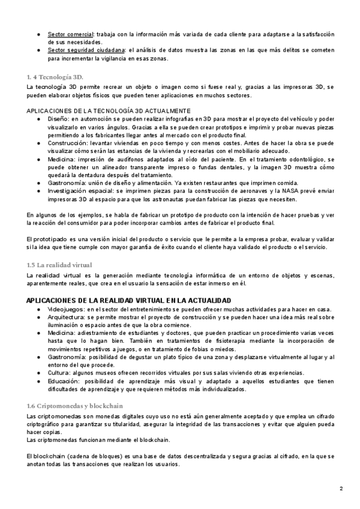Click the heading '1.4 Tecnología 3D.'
point(55,77)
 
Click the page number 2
point(341,489)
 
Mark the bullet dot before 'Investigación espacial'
point(39,190)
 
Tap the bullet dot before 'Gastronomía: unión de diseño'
point(39,182)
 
